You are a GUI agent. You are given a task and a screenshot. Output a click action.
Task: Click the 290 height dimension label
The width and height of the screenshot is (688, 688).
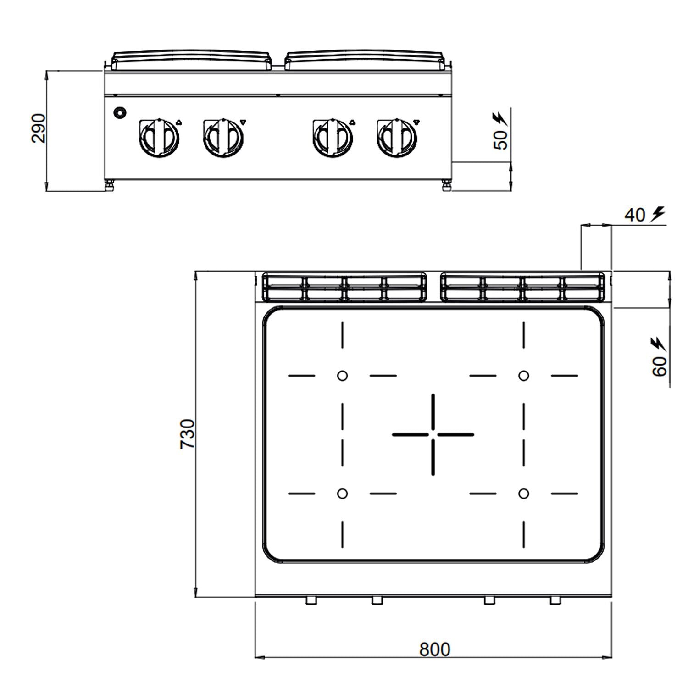(x=39, y=128)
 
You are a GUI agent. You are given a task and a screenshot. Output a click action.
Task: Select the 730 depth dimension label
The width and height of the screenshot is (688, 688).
(x=188, y=434)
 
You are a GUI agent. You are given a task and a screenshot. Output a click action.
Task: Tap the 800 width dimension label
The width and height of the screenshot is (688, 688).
(x=435, y=649)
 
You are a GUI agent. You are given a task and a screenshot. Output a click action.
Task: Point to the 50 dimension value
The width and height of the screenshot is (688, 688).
(x=501, y=139)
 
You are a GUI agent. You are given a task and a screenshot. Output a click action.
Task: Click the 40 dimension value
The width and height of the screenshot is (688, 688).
(x=635, y=215)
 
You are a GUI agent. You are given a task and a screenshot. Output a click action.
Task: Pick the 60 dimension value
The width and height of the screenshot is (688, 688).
(x=660, y=366)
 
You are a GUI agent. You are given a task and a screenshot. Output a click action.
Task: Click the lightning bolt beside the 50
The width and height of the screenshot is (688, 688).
(x=499, y=118)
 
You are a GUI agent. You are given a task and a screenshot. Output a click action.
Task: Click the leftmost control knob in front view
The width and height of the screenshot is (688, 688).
(x=159, y=137)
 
